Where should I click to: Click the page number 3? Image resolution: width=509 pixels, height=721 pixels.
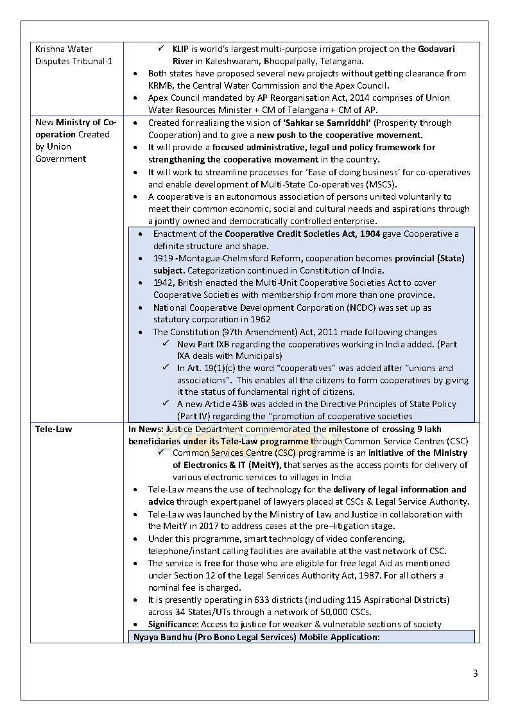[x=475, y=673]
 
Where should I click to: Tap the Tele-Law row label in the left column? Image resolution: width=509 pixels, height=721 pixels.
[x=53, y=429]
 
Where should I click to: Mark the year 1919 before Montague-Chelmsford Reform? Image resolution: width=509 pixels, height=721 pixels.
[x=163, y=259]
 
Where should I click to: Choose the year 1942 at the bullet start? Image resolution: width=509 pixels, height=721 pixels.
[x=164, y=283]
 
